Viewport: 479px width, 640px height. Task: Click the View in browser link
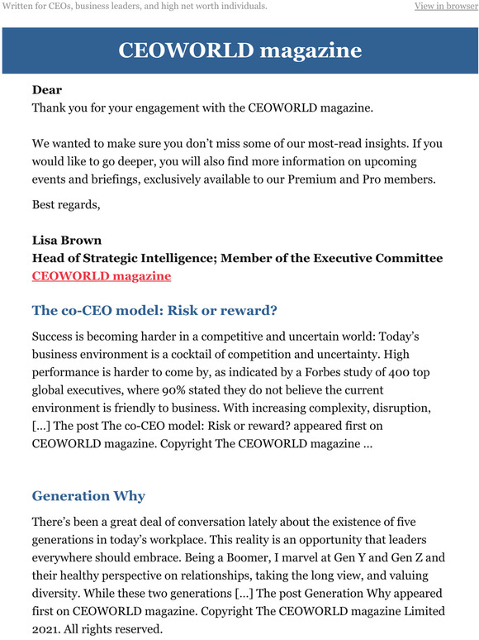(445, 7)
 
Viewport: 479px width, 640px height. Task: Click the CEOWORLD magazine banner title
(239, 50)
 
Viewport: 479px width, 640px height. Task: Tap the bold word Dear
(47, 89)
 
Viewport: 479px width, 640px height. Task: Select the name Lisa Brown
(67, 240)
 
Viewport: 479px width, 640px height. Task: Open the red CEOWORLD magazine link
(101, 276)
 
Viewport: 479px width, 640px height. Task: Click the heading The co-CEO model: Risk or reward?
(154, 311)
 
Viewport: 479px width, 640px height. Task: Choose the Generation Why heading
(88, 496)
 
